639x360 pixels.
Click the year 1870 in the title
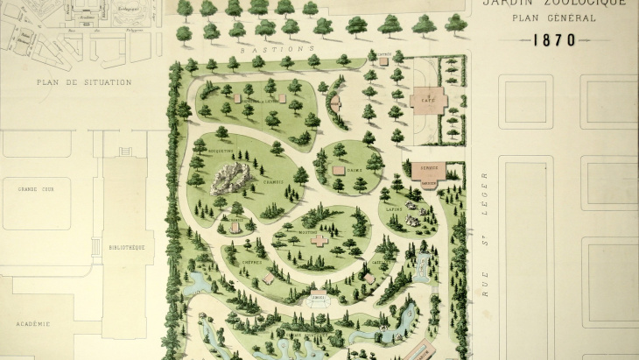click(x=553, y=39)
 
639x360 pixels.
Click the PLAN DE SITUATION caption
click(x=84, y=82)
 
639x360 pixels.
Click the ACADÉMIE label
click(x=31, y=323)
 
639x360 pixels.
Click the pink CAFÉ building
click(x=428, y=99)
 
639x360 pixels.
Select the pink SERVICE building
click(x=428, y=170)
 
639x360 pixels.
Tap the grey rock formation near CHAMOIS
click(x=232, y=179)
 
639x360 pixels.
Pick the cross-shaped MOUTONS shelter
click(x=320, y=239)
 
